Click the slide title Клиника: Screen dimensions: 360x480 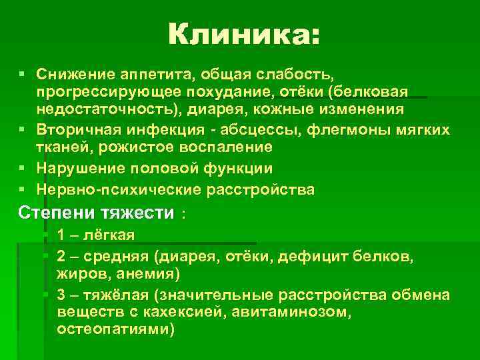pos(244,33)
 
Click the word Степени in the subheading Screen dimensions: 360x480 pos(45,213)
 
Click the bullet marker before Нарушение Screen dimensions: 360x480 pos(23,168)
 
